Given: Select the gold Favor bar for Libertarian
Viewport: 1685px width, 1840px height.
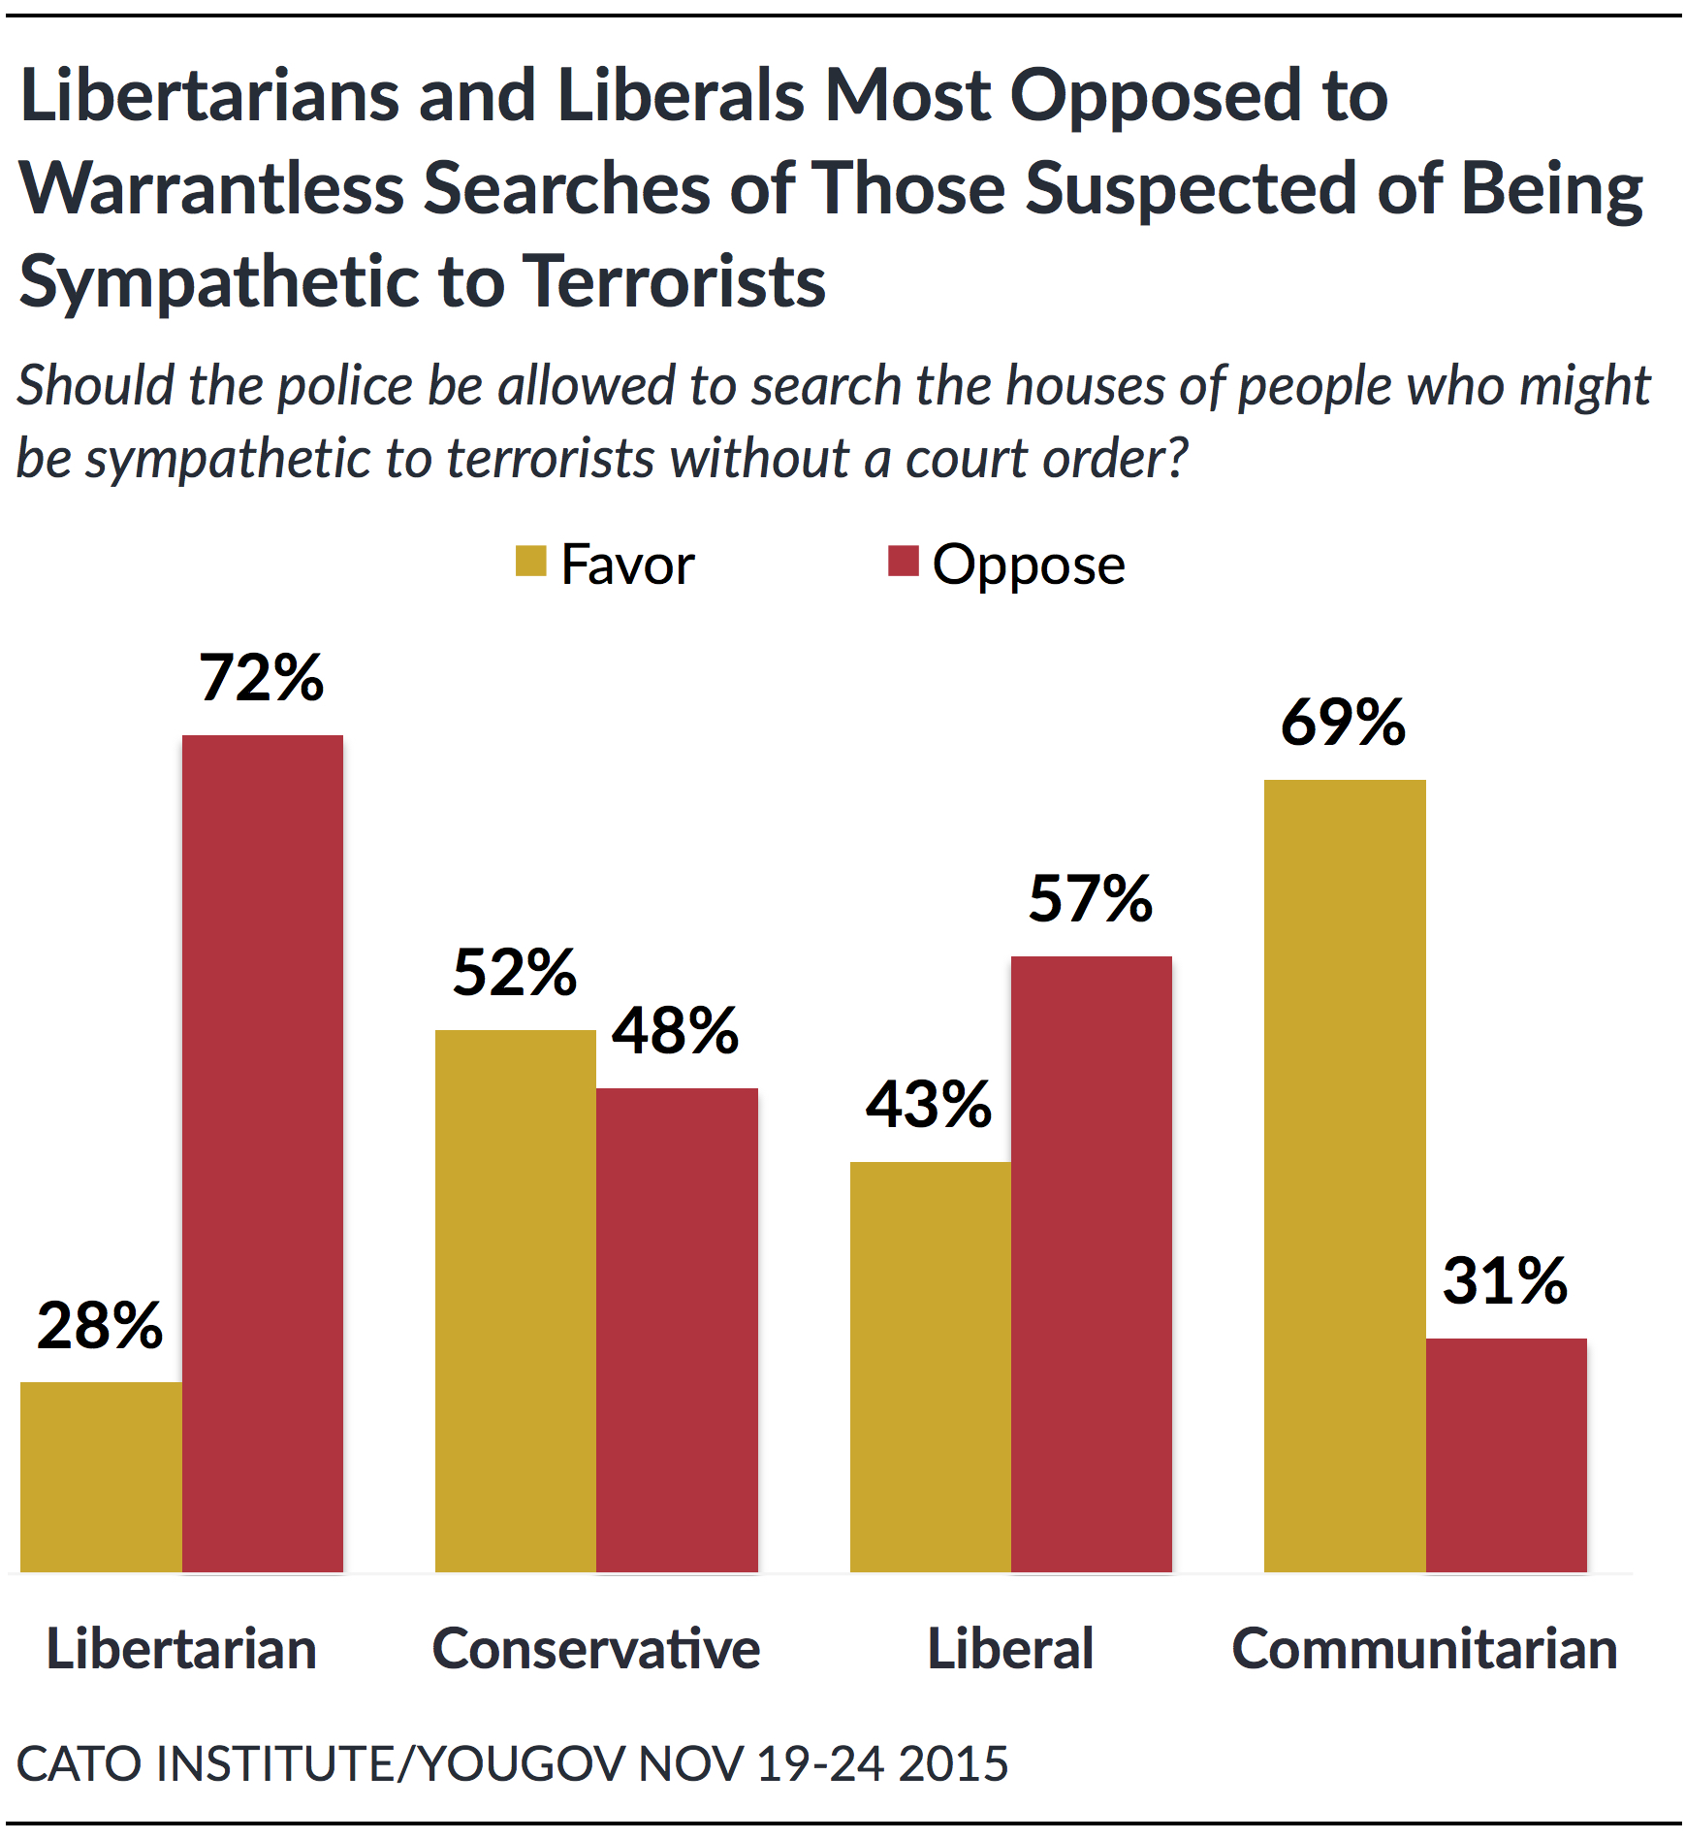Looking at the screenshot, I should (x=101, y=1476).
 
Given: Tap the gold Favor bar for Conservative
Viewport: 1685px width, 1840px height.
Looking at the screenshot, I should (x=516, y=1300).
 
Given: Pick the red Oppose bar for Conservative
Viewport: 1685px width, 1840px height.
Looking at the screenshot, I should (x=677, y=1329).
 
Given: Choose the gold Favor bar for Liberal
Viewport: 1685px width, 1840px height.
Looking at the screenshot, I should (x=931, y=1366).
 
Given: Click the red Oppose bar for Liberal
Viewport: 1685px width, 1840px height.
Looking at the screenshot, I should (x=1092, y=1263).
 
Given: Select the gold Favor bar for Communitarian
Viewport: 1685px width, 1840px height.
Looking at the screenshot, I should (x=1345, y=1175).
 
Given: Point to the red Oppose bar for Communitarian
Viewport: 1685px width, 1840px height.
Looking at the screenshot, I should (x=1507, y=1454).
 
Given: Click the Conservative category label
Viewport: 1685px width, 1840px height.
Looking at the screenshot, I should (x=596, y=1649).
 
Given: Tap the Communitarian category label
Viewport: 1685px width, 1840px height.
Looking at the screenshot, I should (x=1425, y=1649).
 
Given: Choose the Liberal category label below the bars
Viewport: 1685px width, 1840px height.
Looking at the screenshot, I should (x=1010, y=1649).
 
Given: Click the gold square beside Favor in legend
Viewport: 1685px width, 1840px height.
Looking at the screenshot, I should (x=530, y=562).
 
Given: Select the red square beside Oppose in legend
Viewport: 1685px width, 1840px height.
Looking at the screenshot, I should (x=903, y=561).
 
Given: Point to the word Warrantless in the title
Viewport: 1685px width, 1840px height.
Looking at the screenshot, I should (x=211, y=188).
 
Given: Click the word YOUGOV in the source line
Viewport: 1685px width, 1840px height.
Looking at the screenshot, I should (x=524, y=1763).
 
